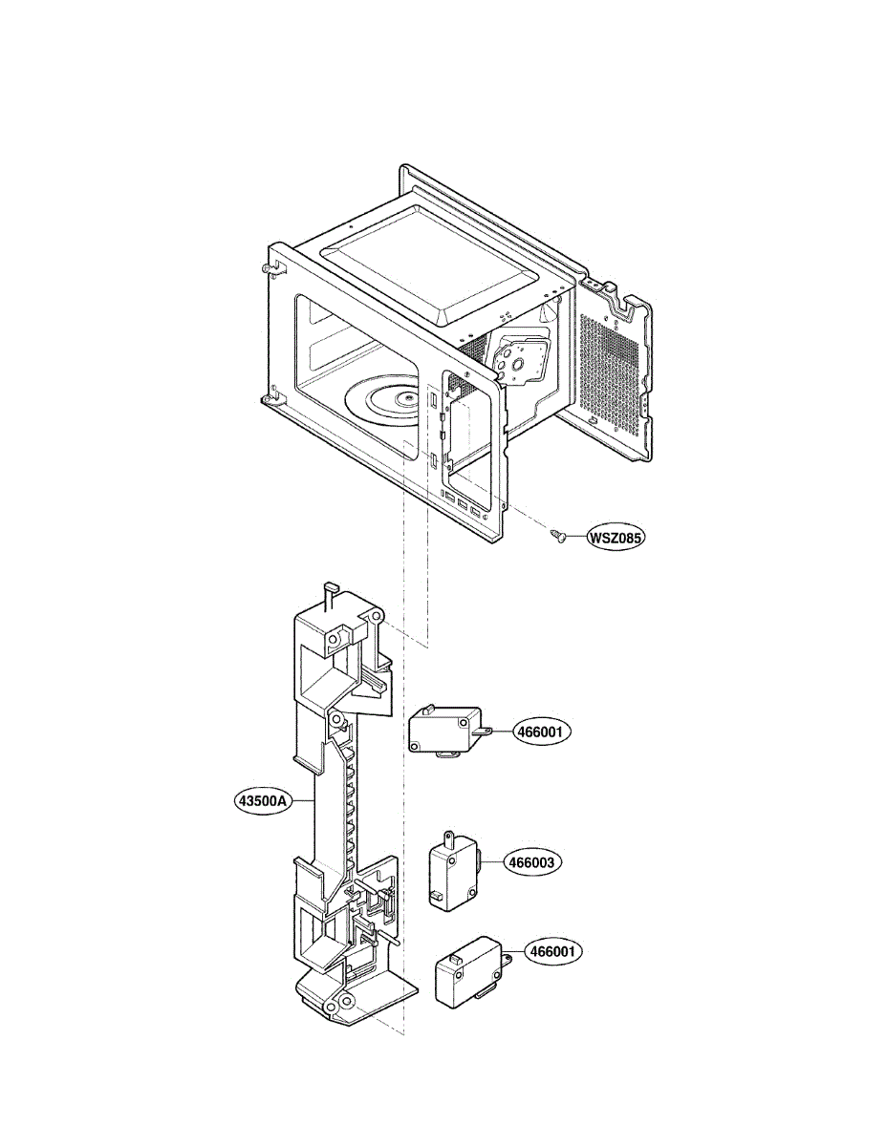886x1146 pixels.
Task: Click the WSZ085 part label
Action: (x=616, y=538)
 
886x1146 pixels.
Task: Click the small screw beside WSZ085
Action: (x=558, y=537)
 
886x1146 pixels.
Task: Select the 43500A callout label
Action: (x=262, y=799)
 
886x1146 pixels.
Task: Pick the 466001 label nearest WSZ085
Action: (x=542, y=732)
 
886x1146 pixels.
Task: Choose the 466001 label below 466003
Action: (x=554, y=952)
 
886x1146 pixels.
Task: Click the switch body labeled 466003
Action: (x=448, y=870)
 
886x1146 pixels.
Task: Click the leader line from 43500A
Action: (x=303, y=799)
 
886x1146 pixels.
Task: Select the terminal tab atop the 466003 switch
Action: (x=444, y=838)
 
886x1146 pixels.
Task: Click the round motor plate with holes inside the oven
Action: (x=519, y=359)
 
